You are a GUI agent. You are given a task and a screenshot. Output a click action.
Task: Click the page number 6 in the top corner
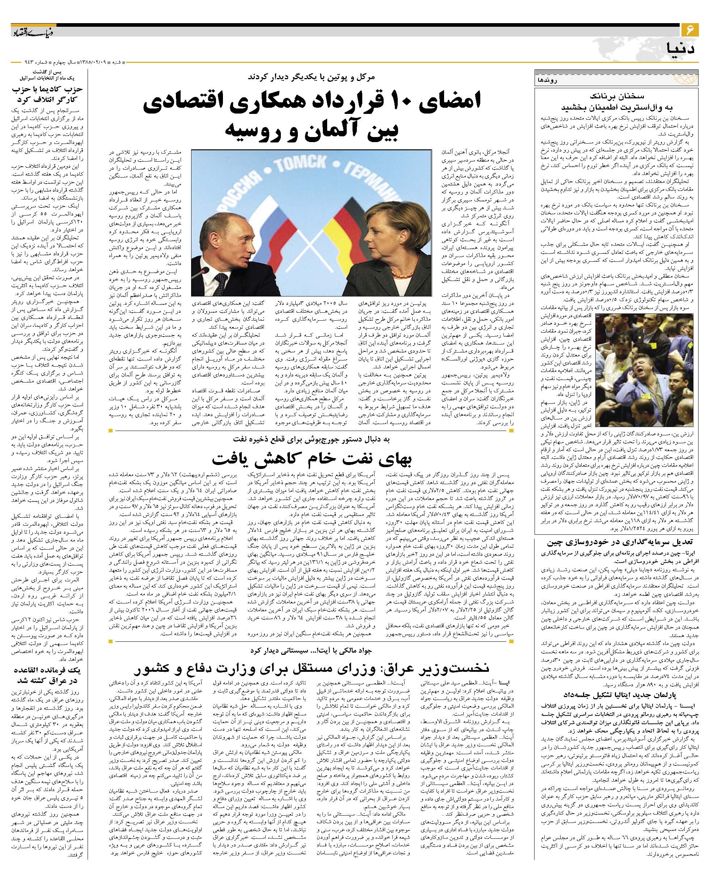point(689,30)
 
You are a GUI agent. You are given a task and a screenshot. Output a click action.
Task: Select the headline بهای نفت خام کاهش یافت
point(312,458)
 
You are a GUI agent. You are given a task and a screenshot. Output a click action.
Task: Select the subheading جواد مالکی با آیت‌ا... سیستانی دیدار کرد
point(312,650)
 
